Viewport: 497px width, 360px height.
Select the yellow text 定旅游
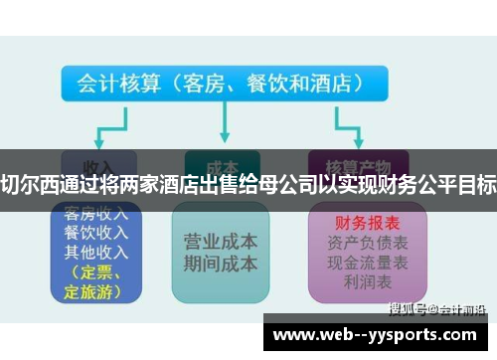coord(89,290)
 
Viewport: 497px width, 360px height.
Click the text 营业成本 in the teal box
coord(221,243)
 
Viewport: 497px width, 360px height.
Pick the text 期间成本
coord(221,265)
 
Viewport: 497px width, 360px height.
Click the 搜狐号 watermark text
coord(409,308)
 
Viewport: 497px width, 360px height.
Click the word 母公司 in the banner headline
coord(290,182)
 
